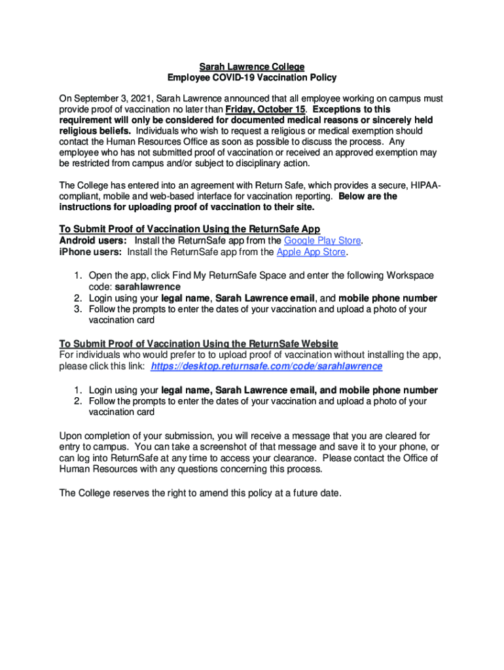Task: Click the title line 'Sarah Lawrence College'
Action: pos(252,67)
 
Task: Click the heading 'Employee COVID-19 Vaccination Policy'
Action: pos(252,78)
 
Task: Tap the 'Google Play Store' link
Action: pos(323,240)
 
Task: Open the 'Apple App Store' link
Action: pos(311,252)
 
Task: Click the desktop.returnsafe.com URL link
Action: pos(266,366)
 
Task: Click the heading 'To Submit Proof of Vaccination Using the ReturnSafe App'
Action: pos(190,229)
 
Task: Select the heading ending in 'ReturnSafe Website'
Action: pos(199,344)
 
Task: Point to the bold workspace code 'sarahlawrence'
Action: pos(148,287)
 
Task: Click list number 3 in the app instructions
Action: pos(77,309)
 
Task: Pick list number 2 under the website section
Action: pos(77,401)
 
